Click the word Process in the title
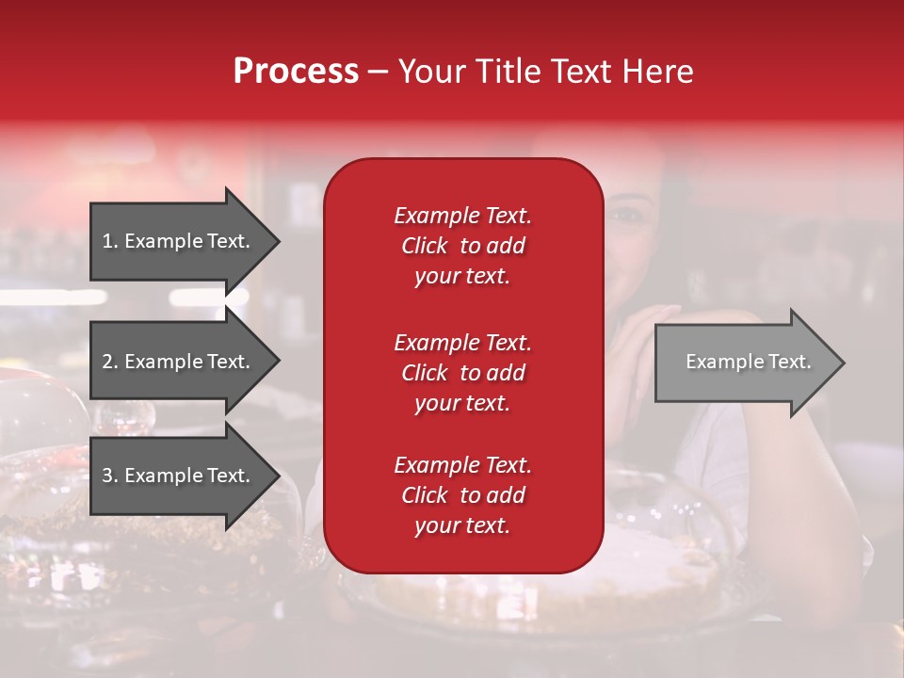pos(296,72)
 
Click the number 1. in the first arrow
pos(110,241)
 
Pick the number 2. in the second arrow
pos(110,362)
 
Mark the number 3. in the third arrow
pos(110,476)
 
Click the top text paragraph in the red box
pos(462,246)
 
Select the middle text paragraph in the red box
pos(462,372)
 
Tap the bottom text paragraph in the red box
pos(462,495)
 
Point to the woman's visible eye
pos(624,214)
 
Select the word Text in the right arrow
pos(788,362)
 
